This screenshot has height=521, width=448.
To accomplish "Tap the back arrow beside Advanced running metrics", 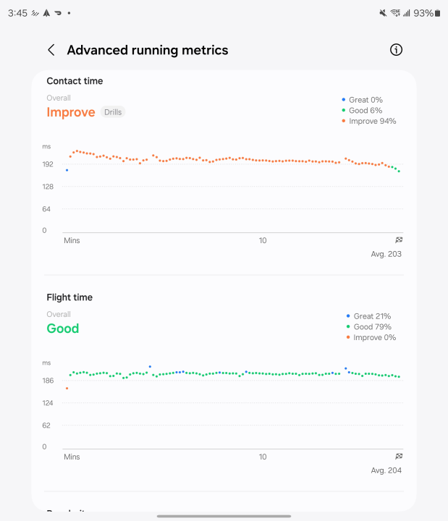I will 51,50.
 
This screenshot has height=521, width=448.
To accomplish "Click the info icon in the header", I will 396,50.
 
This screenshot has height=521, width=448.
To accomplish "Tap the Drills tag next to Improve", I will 113,112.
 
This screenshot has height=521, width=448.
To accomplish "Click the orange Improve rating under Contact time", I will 71,112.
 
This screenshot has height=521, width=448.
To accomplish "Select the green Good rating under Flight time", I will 63,329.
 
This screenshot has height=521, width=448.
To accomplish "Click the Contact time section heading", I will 75,81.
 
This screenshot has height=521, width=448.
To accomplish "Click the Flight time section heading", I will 69,297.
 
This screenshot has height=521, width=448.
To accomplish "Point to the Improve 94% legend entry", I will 372,121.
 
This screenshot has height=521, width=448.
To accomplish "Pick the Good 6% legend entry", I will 365,111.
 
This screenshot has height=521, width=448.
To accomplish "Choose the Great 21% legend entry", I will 371,316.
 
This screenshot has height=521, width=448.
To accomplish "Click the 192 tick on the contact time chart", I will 48,164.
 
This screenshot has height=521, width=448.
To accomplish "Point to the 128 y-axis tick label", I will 48,187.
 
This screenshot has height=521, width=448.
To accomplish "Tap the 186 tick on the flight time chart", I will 48,381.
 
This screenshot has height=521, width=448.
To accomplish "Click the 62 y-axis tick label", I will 47,425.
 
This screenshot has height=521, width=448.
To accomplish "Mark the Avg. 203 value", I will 386,254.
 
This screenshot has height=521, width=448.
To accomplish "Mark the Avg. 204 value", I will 386,470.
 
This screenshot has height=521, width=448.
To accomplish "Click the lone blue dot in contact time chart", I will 67,170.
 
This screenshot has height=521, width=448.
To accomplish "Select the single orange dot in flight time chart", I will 67,389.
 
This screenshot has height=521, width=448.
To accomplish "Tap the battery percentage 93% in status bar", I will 423,13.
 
